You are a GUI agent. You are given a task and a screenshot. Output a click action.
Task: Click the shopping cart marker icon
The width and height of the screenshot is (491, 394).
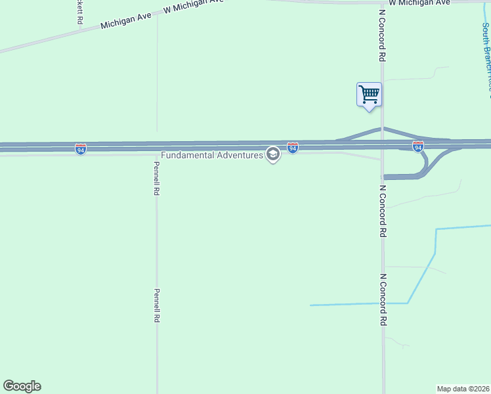pos(369,94)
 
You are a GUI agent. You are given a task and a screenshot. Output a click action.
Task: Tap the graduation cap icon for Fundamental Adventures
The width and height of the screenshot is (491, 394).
pos(273,155)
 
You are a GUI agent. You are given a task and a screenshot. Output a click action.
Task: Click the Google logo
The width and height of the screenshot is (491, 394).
pos(22,386)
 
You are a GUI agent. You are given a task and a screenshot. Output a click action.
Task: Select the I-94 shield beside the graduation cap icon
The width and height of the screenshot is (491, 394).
pos(293,148)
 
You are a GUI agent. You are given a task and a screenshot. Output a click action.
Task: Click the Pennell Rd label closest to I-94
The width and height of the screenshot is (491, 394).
pos(157,179)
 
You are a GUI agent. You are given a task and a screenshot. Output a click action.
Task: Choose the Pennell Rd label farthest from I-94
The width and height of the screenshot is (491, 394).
pos(157,305)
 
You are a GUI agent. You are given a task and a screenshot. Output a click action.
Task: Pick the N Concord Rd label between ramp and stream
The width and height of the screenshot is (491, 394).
pos(382,210)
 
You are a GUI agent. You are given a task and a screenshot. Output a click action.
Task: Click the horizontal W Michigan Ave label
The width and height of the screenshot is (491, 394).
pos(419,3)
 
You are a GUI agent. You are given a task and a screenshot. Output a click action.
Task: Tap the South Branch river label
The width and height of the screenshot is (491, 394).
pos(486,56)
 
